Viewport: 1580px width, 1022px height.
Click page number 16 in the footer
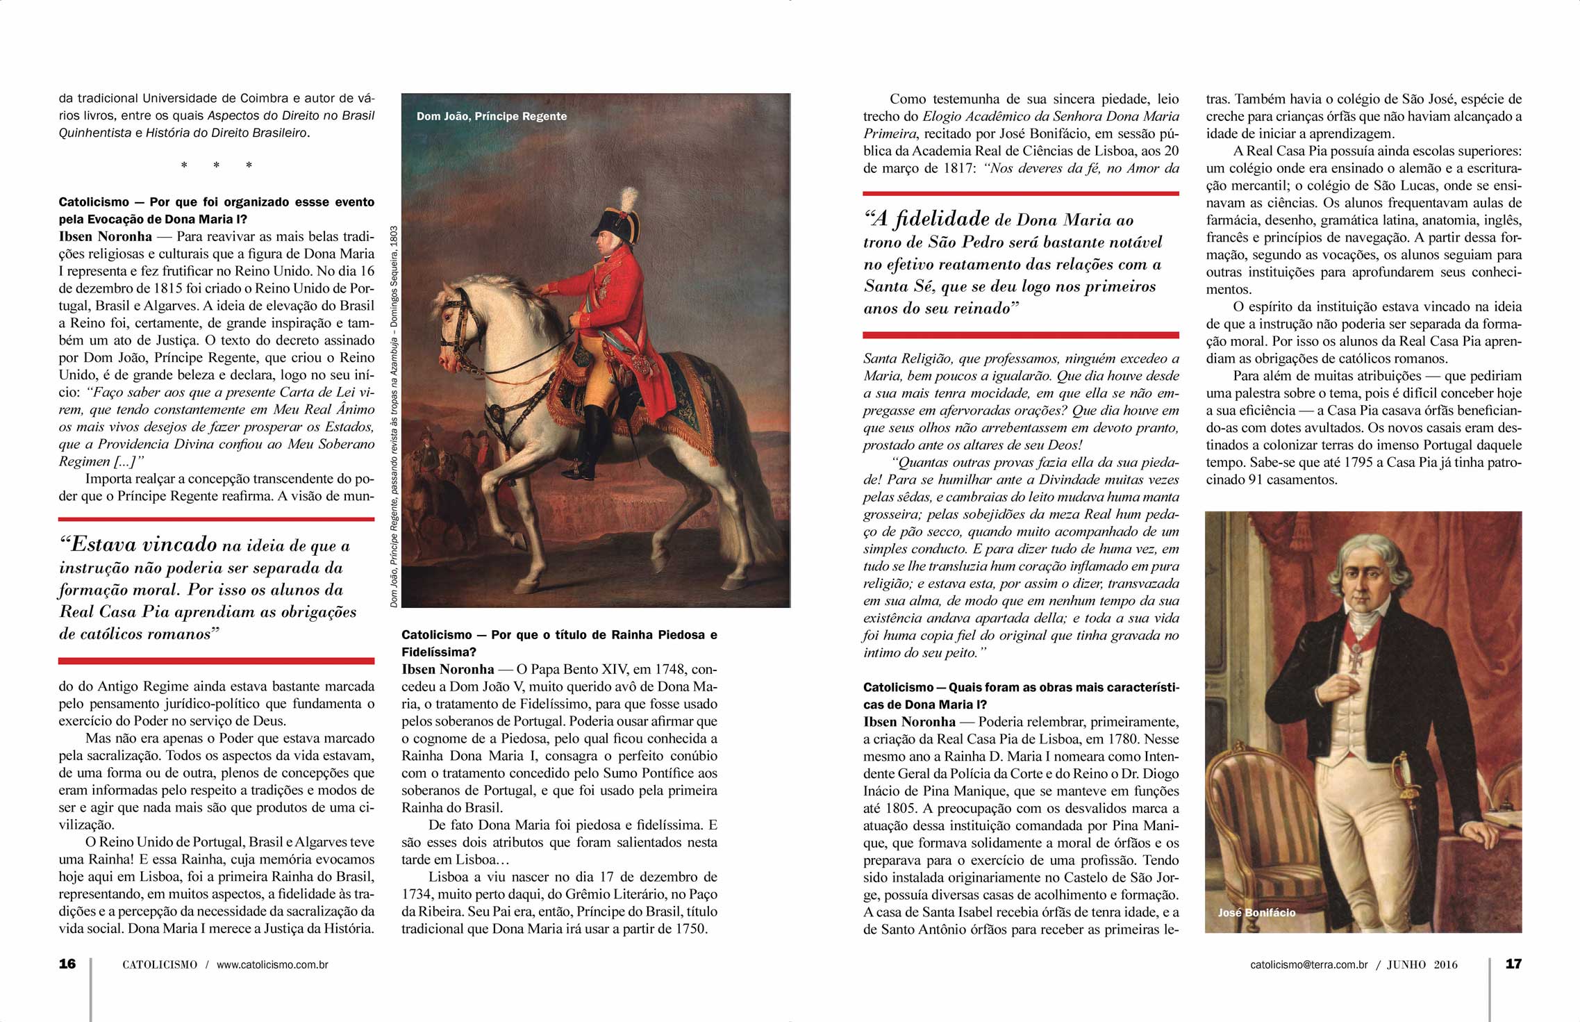(67, 964)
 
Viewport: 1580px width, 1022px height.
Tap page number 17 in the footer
(1513, 964)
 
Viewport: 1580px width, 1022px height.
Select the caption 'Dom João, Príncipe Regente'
(492, 116)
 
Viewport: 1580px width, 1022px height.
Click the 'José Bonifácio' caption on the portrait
(1256, 912)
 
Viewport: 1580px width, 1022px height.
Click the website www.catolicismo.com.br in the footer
(272, 964)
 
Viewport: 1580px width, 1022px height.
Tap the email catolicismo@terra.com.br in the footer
(1309, 964)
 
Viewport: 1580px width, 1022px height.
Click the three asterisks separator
(216, 165)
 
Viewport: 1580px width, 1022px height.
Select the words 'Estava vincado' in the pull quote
(144, 544)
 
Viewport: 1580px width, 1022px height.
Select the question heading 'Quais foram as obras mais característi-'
(1021, 687)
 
